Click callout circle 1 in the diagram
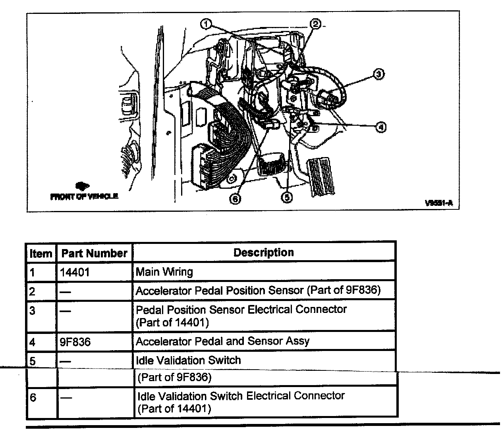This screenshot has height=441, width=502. point(206,24)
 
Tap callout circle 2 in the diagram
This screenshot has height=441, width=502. point(316,24)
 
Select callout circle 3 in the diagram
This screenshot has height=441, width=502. point(378,74)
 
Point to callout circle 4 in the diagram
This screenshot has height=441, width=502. point(380,127)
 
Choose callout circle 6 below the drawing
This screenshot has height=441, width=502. point(236,199)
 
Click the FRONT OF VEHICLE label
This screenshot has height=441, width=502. point(84,196)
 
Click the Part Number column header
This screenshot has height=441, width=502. point(94,253)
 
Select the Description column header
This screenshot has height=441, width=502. point(264,253)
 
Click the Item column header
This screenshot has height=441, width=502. point(41,253)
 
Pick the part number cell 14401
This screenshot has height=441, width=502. point(75,272)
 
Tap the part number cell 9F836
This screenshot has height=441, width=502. point(75,341)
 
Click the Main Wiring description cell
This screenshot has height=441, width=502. point(164,272)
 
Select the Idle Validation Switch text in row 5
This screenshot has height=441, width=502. point(188,360)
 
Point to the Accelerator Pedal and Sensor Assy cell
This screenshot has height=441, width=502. point(222,341)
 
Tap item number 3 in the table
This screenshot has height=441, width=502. point(32,311)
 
